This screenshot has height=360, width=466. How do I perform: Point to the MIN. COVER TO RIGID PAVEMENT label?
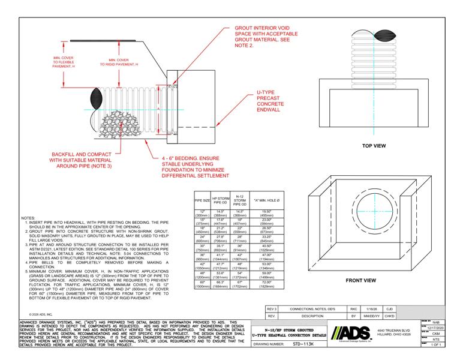pyautogui.click(x=123, y=62)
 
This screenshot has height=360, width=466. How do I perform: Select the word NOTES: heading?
pyautogui.click(x=28, y=218)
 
